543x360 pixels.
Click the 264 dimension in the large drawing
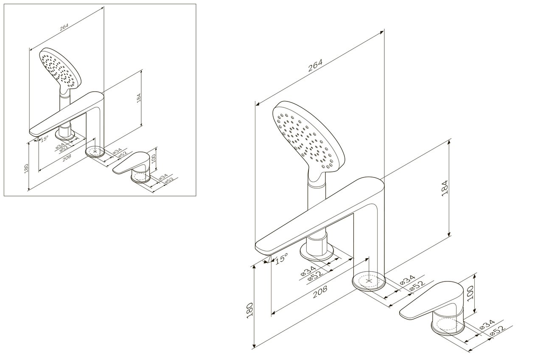tap(315, 65)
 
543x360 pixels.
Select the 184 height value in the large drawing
tap(445, 188)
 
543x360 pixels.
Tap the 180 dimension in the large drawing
tap(249, 310)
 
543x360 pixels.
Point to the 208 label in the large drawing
tap(320, 291)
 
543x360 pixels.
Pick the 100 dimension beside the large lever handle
tap(470, 293)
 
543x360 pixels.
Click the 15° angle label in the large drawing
tap(281, 259)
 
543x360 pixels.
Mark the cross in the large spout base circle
tap(369, 281)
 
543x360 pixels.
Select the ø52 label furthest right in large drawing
tap(498, 331)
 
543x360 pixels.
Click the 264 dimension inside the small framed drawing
tap(64, 27)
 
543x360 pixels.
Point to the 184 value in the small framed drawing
tap(139, 98)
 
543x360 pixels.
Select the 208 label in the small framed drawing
tap(67, 157)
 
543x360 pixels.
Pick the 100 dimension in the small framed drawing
tap(153, 158)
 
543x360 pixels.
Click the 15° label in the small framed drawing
tap(45, 139)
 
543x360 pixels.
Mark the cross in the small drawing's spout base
tap(95, 152)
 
